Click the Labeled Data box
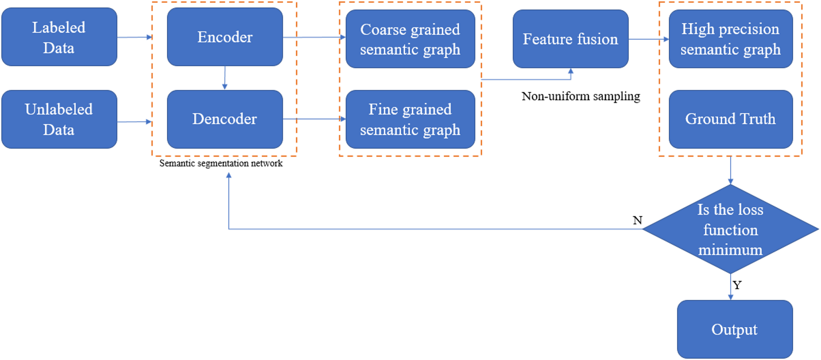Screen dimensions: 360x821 [59, 37]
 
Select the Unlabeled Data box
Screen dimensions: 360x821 [59, 119]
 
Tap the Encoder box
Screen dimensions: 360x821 [225, 37]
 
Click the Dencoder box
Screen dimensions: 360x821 [225, 119]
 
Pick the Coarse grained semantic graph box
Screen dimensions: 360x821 [410, 39]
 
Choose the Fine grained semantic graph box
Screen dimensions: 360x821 [410, 119]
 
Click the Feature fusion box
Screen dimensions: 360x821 [570, 39]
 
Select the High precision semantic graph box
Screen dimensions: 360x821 [731, 39]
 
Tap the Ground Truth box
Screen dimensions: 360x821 [731, 119]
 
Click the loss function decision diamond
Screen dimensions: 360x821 [731, 229]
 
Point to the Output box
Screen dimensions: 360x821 [735, 329]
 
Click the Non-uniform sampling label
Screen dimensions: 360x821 [581, 96]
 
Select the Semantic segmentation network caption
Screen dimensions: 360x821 [221, 163]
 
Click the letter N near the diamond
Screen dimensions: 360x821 [637, 220]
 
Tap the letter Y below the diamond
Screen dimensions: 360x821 [737, 285]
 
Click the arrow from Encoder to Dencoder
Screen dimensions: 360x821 [224, 78]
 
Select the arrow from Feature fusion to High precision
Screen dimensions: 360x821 [648, 39]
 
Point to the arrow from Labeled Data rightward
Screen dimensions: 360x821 [134, 37]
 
